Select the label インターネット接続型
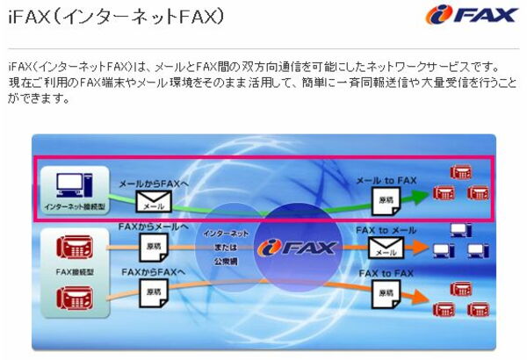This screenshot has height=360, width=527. (74, 207)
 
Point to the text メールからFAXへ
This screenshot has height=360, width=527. (155, 184)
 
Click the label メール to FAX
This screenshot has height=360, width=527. (386, 180)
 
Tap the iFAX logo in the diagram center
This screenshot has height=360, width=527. (297, 247)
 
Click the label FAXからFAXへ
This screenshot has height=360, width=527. (154, 271)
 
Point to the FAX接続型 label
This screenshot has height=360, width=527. (75, 273)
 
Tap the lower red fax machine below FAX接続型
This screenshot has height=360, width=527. (74, 299)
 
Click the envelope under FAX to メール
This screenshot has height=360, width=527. (383, 248)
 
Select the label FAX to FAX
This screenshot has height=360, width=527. (384, 273)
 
